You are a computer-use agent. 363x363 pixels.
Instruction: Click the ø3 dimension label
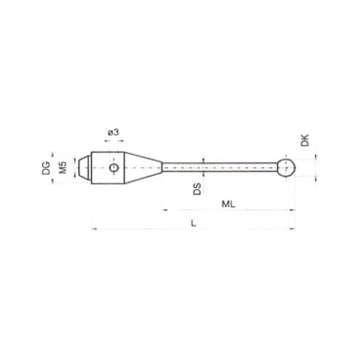(x=114, y=132)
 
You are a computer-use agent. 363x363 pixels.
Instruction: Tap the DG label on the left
(x=47, y=168)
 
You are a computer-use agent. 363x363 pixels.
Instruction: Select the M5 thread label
(x=63, y=167)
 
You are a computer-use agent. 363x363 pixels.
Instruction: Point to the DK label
(x=305, y=140)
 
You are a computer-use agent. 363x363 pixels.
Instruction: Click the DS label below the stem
(x=198, y=189)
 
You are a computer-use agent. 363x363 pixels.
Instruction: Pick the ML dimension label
(x=228, y=204)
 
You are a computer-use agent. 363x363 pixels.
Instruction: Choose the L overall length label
(x=193, y=224)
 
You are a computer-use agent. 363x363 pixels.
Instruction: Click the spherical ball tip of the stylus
(x=287, y=167)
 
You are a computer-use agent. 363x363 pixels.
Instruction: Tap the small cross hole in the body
(x=114, y=167)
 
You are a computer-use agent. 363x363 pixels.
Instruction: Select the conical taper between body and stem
(x=143, y=167)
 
